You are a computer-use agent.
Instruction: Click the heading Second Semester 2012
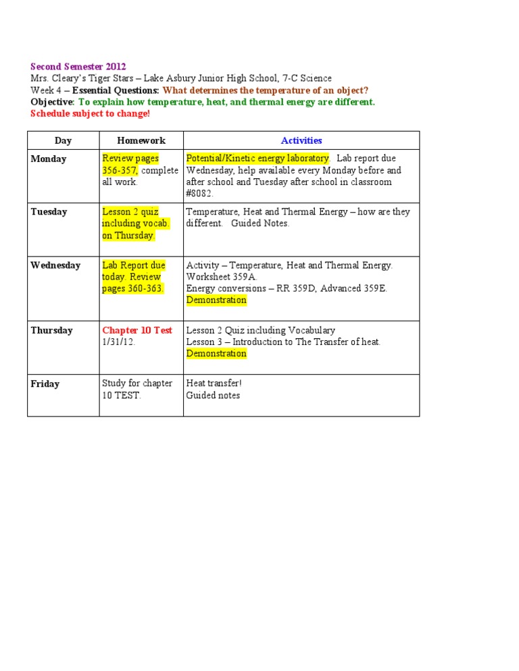pos(78,67)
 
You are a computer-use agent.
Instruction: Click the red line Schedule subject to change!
pos(90,113)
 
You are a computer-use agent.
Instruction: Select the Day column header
pos(63,140)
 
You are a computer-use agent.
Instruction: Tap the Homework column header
pos(141,140)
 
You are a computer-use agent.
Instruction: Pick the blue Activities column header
pos(301,140)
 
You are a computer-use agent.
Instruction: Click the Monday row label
pos(49,159)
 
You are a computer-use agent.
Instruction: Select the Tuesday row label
pos(49,212)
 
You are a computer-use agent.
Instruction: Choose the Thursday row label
pos(51,331)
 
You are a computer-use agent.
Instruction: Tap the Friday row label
pos(45,384)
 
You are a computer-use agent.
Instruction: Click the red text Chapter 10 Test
pos(137,331)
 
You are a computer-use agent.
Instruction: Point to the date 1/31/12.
pos(119,342)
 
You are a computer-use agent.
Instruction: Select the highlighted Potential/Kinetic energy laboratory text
pos(257,159)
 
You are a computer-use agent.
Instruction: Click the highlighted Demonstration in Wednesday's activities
pos(216,300)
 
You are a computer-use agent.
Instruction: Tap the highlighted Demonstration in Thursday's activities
pos(216,354)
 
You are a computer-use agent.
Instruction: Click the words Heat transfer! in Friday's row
pos(214,383)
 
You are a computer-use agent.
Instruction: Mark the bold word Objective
pos(52,102)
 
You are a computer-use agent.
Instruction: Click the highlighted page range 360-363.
pos(145,288)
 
